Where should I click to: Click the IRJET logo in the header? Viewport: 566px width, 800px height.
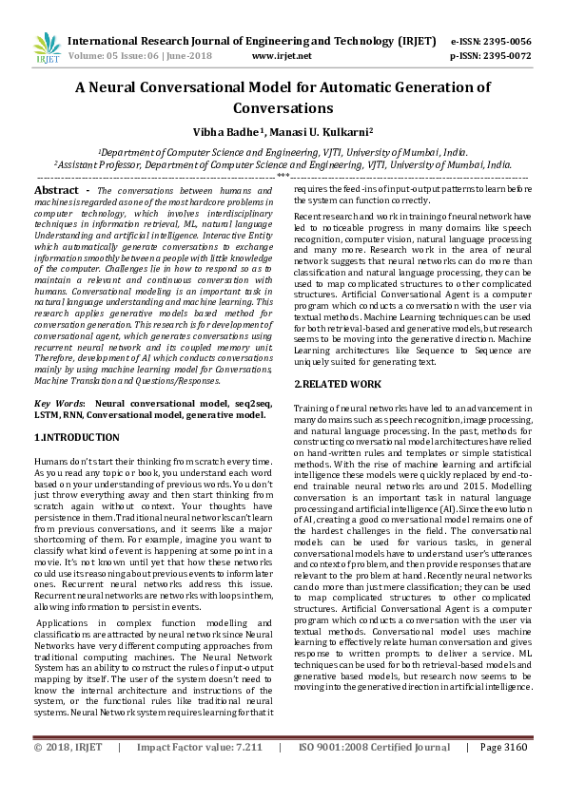pyautogui.click(x=47, y=48)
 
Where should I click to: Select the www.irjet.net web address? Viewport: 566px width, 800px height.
pyautogui.click(x=282, y=56)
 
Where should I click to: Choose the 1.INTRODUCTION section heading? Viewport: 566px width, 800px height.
pyautogui.click(x=76, y=437)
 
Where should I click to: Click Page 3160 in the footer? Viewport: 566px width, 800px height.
pyautogui.click(x=503, y=774)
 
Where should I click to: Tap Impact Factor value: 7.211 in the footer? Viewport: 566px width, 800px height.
pyautogui.click(x=199, y=774)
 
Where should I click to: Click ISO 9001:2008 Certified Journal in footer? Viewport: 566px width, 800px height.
pyautogui.click(x=374, y=774)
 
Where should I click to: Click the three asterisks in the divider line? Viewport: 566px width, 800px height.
pyautogui.click(x=283, y=176)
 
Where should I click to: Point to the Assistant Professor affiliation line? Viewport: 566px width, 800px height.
pyautogui.click(x=282, y=163)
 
